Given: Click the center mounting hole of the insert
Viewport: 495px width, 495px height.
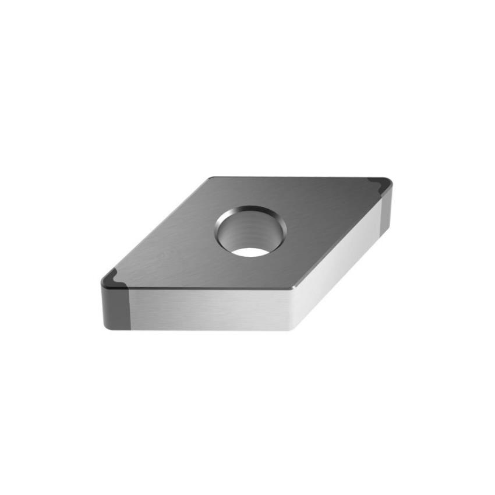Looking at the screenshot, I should coord(250,231).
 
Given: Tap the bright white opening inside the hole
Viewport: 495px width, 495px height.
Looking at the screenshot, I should coord(250,252).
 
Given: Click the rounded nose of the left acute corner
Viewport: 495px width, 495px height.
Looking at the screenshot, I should coord(102,282).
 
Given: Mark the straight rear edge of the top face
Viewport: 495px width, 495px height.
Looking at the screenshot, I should coord(291,178).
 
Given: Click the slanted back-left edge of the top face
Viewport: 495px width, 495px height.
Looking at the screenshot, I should coord(157,227).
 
